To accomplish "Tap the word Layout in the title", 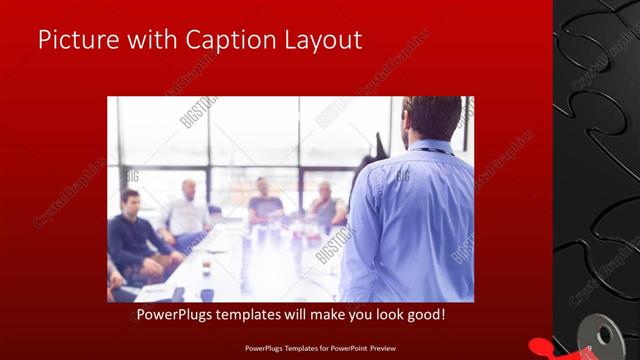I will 322,41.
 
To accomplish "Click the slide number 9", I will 589,347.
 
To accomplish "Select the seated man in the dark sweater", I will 135,235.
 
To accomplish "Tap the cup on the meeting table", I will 206,263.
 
